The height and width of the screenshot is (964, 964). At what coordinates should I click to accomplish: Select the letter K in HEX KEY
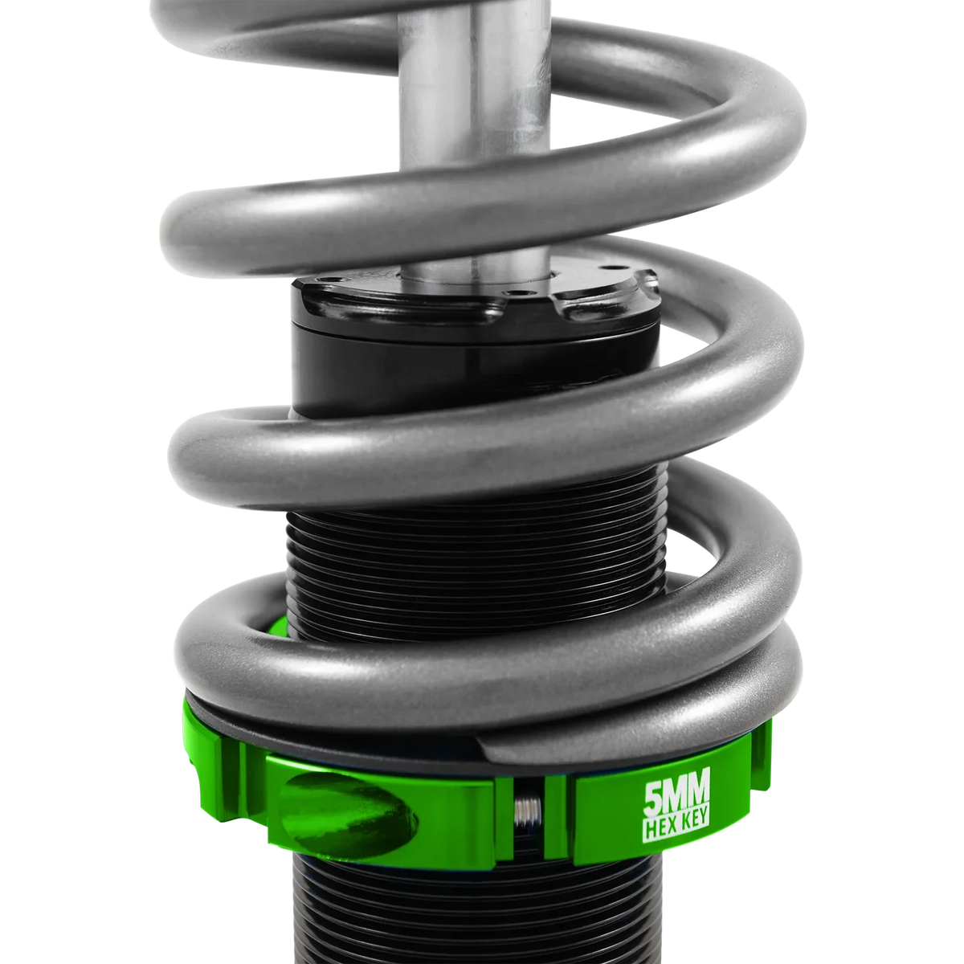(680, 828)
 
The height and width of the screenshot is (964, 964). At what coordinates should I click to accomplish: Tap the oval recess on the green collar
(353, 811)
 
